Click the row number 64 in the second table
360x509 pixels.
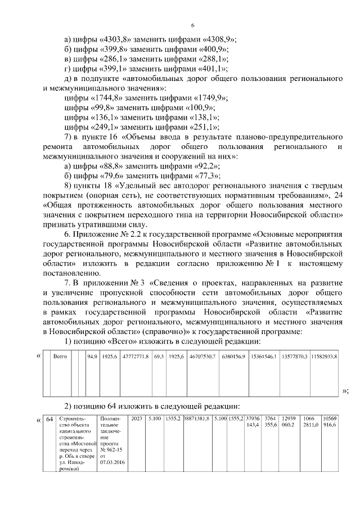pos(49,419)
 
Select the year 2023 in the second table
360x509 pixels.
pos(136,419)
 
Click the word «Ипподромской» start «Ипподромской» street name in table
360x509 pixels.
pos(73,466)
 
